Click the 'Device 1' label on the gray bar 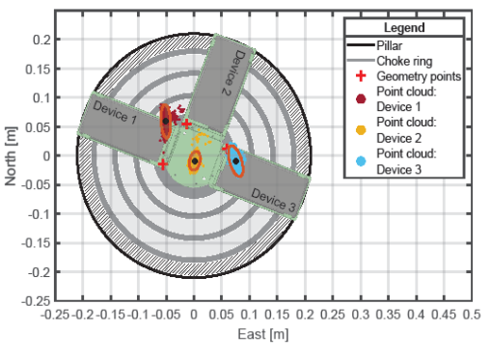pos(115,112)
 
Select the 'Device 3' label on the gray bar pos(273,200)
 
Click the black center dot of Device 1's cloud pos(166,122)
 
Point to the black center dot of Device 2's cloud pos(195,161)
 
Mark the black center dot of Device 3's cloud pos(236,161)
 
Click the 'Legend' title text pos(404,28)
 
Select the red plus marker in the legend pos(361,76)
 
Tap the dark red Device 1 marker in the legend pos(361,98)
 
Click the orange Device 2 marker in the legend pos(361,130)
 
